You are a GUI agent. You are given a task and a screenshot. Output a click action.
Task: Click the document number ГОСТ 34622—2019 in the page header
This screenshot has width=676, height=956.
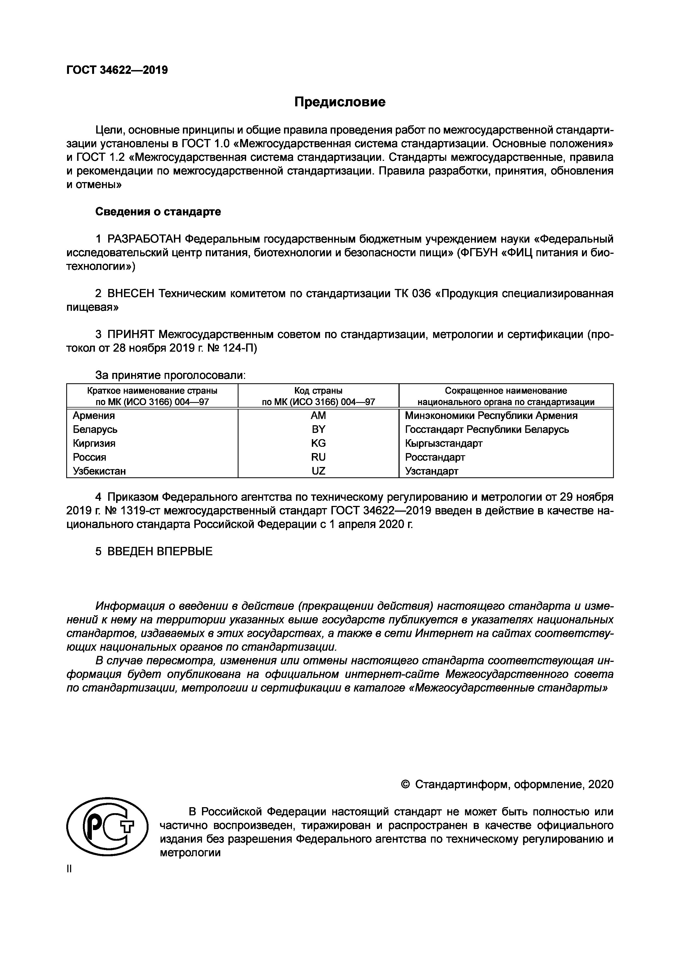pyautogui.click(x=117, y=70)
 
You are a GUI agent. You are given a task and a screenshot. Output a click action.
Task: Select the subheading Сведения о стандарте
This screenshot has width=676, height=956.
pyautogui.click(x=158, y=212)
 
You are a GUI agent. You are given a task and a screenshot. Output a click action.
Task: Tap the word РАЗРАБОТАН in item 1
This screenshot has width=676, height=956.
pyautogui.click(x=144, y=239)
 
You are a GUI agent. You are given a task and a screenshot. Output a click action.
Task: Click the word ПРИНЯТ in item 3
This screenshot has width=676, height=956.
pyautogui.click(x=131, y=334)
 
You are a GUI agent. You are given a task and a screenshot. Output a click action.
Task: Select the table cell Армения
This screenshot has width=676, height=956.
pyautogui.click(x=94, y=415)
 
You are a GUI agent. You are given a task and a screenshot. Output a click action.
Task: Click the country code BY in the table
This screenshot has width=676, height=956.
pyautogui.click(x=318, y=429)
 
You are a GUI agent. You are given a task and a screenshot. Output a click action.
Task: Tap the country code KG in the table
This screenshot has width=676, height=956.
pyautogui.click(x=318, y=443)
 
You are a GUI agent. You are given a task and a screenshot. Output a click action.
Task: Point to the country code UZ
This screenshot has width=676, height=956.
pyautogui.click(x=318, y=471)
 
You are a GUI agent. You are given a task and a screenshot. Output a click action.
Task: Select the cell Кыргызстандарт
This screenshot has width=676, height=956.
pyautogui.click(x=444, y=443)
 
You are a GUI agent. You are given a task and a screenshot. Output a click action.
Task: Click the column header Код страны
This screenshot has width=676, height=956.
pyautogui.click(x=318, y=391)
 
